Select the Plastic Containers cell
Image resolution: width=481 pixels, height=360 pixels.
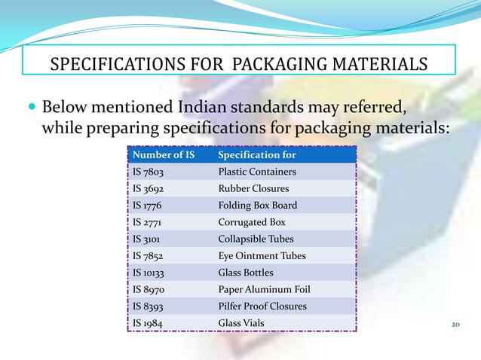coord(257,172)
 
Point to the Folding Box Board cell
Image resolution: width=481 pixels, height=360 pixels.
coord(258,206)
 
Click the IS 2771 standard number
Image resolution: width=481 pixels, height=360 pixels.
coord(149,223)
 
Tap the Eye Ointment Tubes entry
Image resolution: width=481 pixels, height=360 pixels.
coord(262,256)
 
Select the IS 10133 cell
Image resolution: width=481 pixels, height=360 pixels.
coord(151,273)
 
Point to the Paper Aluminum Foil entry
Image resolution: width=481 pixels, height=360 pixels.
coord(264,290)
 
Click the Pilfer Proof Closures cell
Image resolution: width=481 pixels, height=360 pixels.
coord(262,307)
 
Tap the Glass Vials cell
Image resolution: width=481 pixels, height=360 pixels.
coord(241,323)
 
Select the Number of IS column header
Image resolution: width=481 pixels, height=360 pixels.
coord(164,156)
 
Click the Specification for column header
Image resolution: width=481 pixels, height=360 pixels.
coord(256,156)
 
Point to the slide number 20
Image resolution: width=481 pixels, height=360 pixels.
coord(455,325)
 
